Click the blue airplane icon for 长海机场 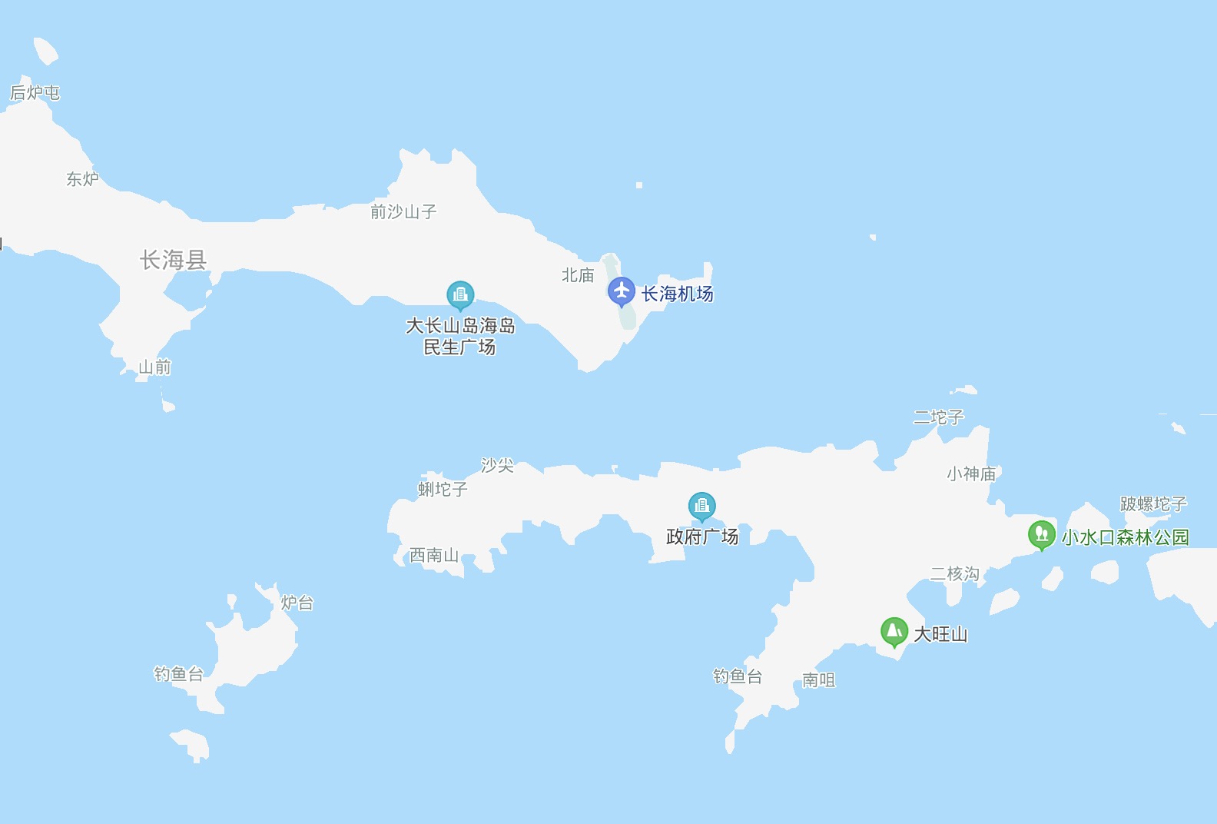pos(622,291)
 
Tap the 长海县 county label pos(173,260)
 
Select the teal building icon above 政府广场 pos(701,506)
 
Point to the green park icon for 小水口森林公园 pos(1041,533)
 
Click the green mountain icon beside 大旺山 pos(894,632)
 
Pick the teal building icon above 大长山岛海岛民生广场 pos(460,294)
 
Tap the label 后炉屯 pos(35,93)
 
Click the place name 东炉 pos(82,179)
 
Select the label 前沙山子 pos(403,211)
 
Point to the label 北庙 pos(578,275)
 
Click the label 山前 pos(154,367)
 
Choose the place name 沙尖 pos(497,465)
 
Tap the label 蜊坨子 pos(443,489)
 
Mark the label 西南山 pos(434,555)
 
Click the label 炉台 pos(297,603)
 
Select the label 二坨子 pos(938,417)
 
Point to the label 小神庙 pos(971,473)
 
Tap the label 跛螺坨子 pos(1153,504)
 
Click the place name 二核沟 pos(954,574)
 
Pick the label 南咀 pos(818,680)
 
